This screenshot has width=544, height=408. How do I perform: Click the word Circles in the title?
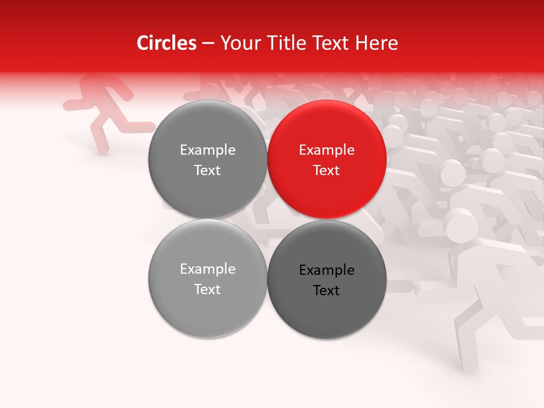pyautogui.click(x=166, y=43)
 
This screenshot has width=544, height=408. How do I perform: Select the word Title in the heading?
pyautogui.click(x=290, y=43)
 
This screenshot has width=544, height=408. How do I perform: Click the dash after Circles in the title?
pyautogui.click(x=208, y=44)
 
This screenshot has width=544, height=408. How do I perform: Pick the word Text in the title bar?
pyautogui.click(x=332, y=43)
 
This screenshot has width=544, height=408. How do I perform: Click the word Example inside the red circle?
pyautogui.click(x=327, y=150)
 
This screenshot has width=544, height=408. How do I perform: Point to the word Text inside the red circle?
pyautogui.click(x=327, y=171)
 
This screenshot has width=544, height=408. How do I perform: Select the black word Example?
pyautogui.click(x=327, y=270)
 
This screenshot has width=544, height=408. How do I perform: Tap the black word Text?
pyautogui.click(x=327, y=291)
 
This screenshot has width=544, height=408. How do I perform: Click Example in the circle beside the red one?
pyautogui.click(x=207, y=150)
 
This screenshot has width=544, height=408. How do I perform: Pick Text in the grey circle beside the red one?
pyautogui.click(x=207, y=171)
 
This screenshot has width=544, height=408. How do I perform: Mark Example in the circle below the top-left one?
pyautogui.click(x=207, y=269)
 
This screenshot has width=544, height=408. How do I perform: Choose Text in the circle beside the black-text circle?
pyautogui.click(x=207, y=290)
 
